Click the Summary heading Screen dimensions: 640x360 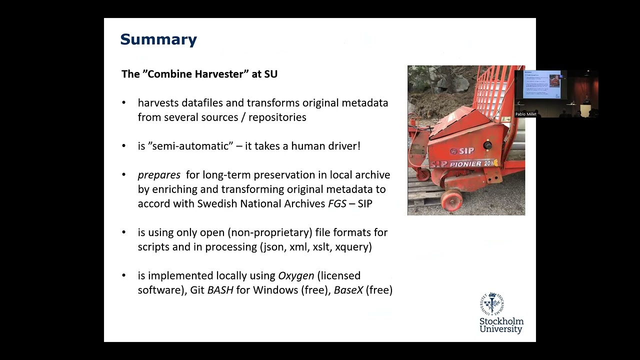pos(158,40)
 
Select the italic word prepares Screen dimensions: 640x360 pos(159,175)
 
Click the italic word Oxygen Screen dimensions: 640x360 pos(296,276)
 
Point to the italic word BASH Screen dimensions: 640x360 pos(220,290)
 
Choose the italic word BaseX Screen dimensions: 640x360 pos(348,290)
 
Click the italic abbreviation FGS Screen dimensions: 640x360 pos(337,203)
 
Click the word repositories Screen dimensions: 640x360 pos(277,117)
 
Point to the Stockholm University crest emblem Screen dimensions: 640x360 pos(492,303)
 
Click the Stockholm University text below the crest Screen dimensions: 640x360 pos(501,325)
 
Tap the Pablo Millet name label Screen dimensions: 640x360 pos(525,114)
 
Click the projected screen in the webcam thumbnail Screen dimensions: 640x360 pos(542,84)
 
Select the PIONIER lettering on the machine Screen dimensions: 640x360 pos(465,164)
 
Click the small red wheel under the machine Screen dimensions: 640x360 pos(451,200)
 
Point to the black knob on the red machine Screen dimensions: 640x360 pos(487,145)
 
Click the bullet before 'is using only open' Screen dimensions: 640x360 pos(123,232)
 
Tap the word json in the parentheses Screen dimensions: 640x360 pos(273,247)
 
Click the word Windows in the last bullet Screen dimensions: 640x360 pos(275,290)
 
